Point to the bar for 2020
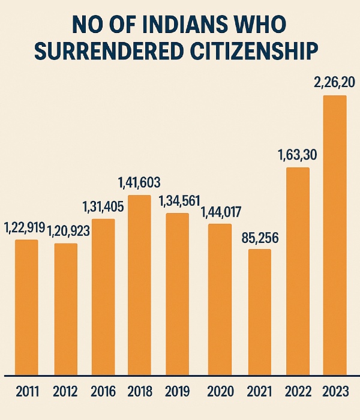click(220, 298)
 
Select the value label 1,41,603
click(139, 182)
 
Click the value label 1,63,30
click(298, 155)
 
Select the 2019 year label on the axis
click(178, 392)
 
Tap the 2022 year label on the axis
click(298, 392)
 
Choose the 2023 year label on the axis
click(335, 392)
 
